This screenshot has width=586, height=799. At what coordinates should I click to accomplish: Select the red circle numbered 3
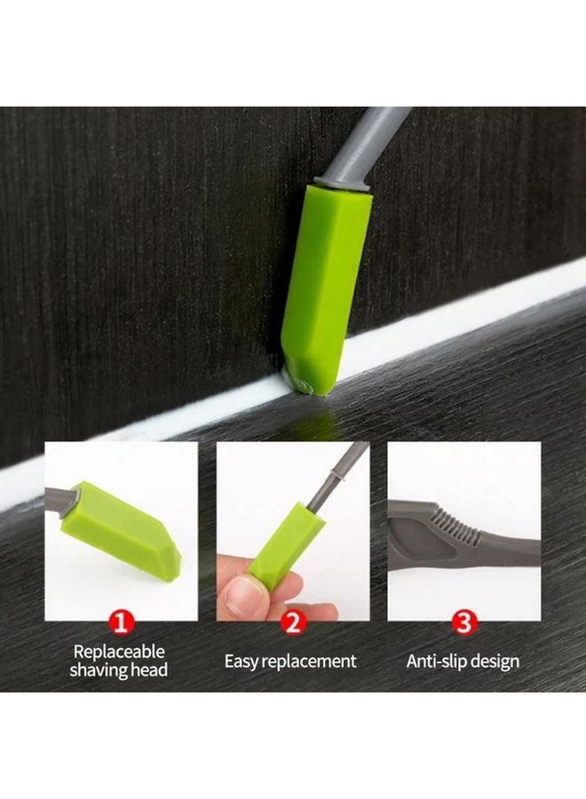(x=463, y=621)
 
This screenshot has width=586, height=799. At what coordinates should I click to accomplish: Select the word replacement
(x=313, y=661)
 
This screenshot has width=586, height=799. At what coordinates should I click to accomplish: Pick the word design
(x=497, y=661)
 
